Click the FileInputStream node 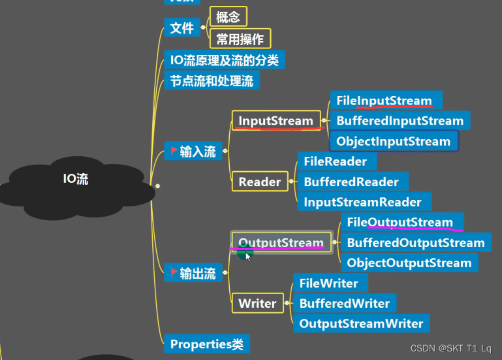pyautogui.click(x=385, y=101)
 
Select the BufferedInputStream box pyautogui.click(x=400, y=121)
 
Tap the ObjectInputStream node pyautogui.click(x=393, y=141)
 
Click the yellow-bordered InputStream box pyautogui.click(x=275, y=121)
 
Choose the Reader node pyautogui.click(x=259, y=182)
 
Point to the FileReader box pyautogui.click(x=336, y=161)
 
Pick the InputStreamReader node pyautogui.click(x=363, y=203)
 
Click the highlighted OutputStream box pyautogui.click(x=281, y=243)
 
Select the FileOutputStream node pyautogui.click(x=400, y=222)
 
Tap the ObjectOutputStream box pyautogui.click(x=409, y=263)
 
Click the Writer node pyautogui.click(x=257, y=304)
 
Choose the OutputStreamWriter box pyautogui.click(x=361, y=323)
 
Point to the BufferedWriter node pyautogui.click(x=345, y=304)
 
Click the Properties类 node pyautogui.click(x=206, y=344)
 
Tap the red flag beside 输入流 pyautogui.click(x=174, y=151)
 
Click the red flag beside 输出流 pyautogui.click(x=174, y=272)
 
